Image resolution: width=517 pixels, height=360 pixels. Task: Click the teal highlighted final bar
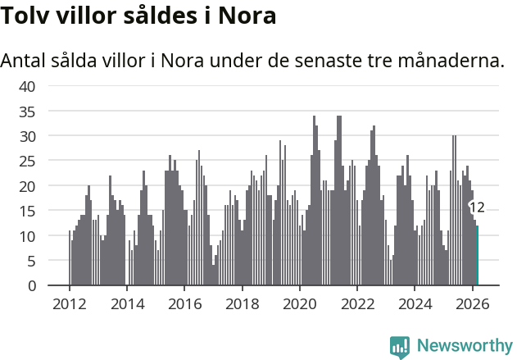click(x=477, y=256)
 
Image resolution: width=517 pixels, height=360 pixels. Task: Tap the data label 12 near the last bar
click(x=476, y=207)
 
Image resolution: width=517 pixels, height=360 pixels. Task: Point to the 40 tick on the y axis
click(x=27, y=86)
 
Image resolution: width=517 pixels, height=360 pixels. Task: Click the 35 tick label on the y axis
click(x=27, y=111)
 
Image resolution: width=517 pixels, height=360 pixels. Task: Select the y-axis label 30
click(x=27, y=135)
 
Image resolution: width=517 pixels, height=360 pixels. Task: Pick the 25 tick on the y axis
click(x=27, y=161)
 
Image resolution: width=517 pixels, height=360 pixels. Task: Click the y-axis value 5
click(x=31, y=261)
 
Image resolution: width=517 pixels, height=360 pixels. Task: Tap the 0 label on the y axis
click(x=31, y=286)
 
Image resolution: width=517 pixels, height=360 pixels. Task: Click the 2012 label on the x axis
click(x=70, y=303)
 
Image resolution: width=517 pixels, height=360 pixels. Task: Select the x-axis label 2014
click(x=127, y=303)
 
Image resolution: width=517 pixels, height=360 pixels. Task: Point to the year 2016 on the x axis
click(x=184, y=303)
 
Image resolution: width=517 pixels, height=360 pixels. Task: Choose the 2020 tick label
click(x=300, y=303)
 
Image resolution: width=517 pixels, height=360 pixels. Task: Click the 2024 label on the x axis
click(x=415, y=303)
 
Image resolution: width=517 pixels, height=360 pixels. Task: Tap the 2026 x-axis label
click(x=472, y=303)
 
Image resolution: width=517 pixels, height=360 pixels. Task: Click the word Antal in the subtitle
click(x=25, y=61)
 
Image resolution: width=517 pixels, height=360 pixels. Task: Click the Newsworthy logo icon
click(x=400, y=347)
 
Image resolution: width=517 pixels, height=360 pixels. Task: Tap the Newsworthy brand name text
click(x=464, y=346)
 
